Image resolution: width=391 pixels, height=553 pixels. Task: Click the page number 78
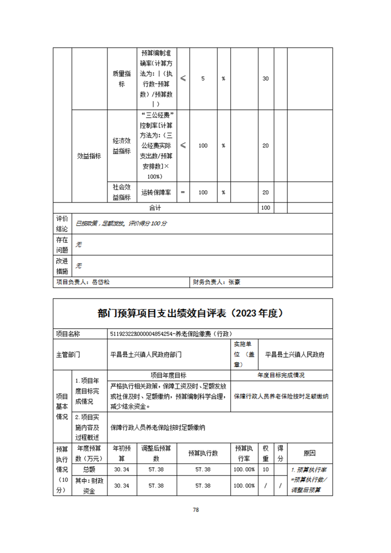pos(196,510)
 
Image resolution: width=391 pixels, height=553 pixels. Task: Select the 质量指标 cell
pos(121,79)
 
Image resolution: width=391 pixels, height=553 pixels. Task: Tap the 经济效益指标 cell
pos(121,146)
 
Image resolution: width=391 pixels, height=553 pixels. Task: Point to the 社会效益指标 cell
pos(121,192)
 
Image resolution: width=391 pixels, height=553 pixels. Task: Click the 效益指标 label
pos(89,156)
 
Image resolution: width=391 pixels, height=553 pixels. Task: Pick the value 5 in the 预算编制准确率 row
pos(203,79)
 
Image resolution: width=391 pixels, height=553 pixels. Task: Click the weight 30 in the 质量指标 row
pos(265,79)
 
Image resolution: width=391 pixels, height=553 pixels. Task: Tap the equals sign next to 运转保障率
pos(182,192)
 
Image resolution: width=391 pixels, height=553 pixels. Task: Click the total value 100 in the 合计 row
pos(265,208)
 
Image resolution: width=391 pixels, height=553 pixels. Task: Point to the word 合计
pos(155,208)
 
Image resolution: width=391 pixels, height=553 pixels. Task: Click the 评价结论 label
pos(62,223)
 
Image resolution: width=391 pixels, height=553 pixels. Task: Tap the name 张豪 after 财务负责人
pos(234,282)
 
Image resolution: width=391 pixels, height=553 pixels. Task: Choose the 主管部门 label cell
pos(68,354)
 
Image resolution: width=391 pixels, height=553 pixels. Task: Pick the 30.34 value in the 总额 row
pos(121,470)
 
